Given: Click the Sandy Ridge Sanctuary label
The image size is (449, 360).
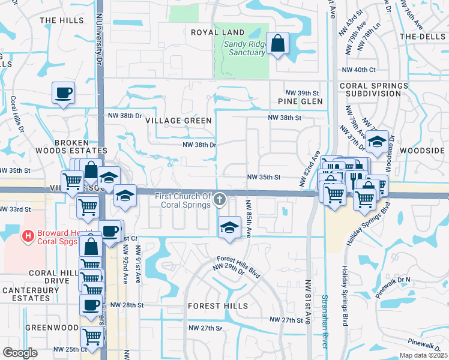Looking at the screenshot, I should (x=244, y=48).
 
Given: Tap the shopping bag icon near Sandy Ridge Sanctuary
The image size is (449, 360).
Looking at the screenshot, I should (x=278, y=43).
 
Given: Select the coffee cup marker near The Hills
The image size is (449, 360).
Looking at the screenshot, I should (x=63, y=93).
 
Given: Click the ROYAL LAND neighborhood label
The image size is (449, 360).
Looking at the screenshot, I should (x=217, y=32).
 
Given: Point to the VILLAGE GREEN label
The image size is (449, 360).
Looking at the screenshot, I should (x=179, y=121).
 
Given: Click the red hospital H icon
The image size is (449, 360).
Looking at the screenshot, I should (x=27, y=236).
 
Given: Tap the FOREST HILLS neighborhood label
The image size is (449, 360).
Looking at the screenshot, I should (x=217, y=306).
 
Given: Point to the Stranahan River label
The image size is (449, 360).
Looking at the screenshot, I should (x=324, y=320).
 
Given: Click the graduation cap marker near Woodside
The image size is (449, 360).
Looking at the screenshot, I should (x=376, y=142).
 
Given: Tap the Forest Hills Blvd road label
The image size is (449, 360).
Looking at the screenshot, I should (x=239, y=267).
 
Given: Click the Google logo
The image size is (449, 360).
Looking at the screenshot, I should (x=20, y=353).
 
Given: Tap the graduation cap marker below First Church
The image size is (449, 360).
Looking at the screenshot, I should (x=228, y=227).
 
